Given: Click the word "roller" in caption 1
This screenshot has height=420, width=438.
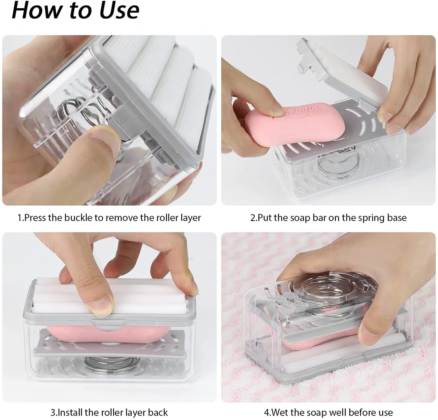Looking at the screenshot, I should coord(167,218).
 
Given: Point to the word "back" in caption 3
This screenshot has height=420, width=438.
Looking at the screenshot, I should coord(158,412).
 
